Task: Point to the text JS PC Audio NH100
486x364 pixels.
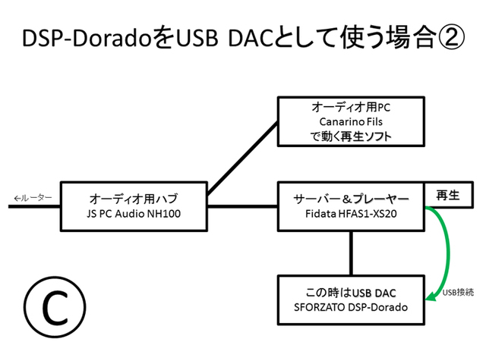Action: (134, 213)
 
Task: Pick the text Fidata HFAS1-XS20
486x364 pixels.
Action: (350, 213)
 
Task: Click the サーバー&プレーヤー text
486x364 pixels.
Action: (350, 199)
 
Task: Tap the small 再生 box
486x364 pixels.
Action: (447, 195)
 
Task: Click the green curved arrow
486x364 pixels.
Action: (442, 250)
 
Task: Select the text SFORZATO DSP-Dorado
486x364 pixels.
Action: (350, 307)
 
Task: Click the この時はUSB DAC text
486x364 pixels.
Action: (350, 293)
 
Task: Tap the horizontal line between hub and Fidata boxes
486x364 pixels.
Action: (243, 206)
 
